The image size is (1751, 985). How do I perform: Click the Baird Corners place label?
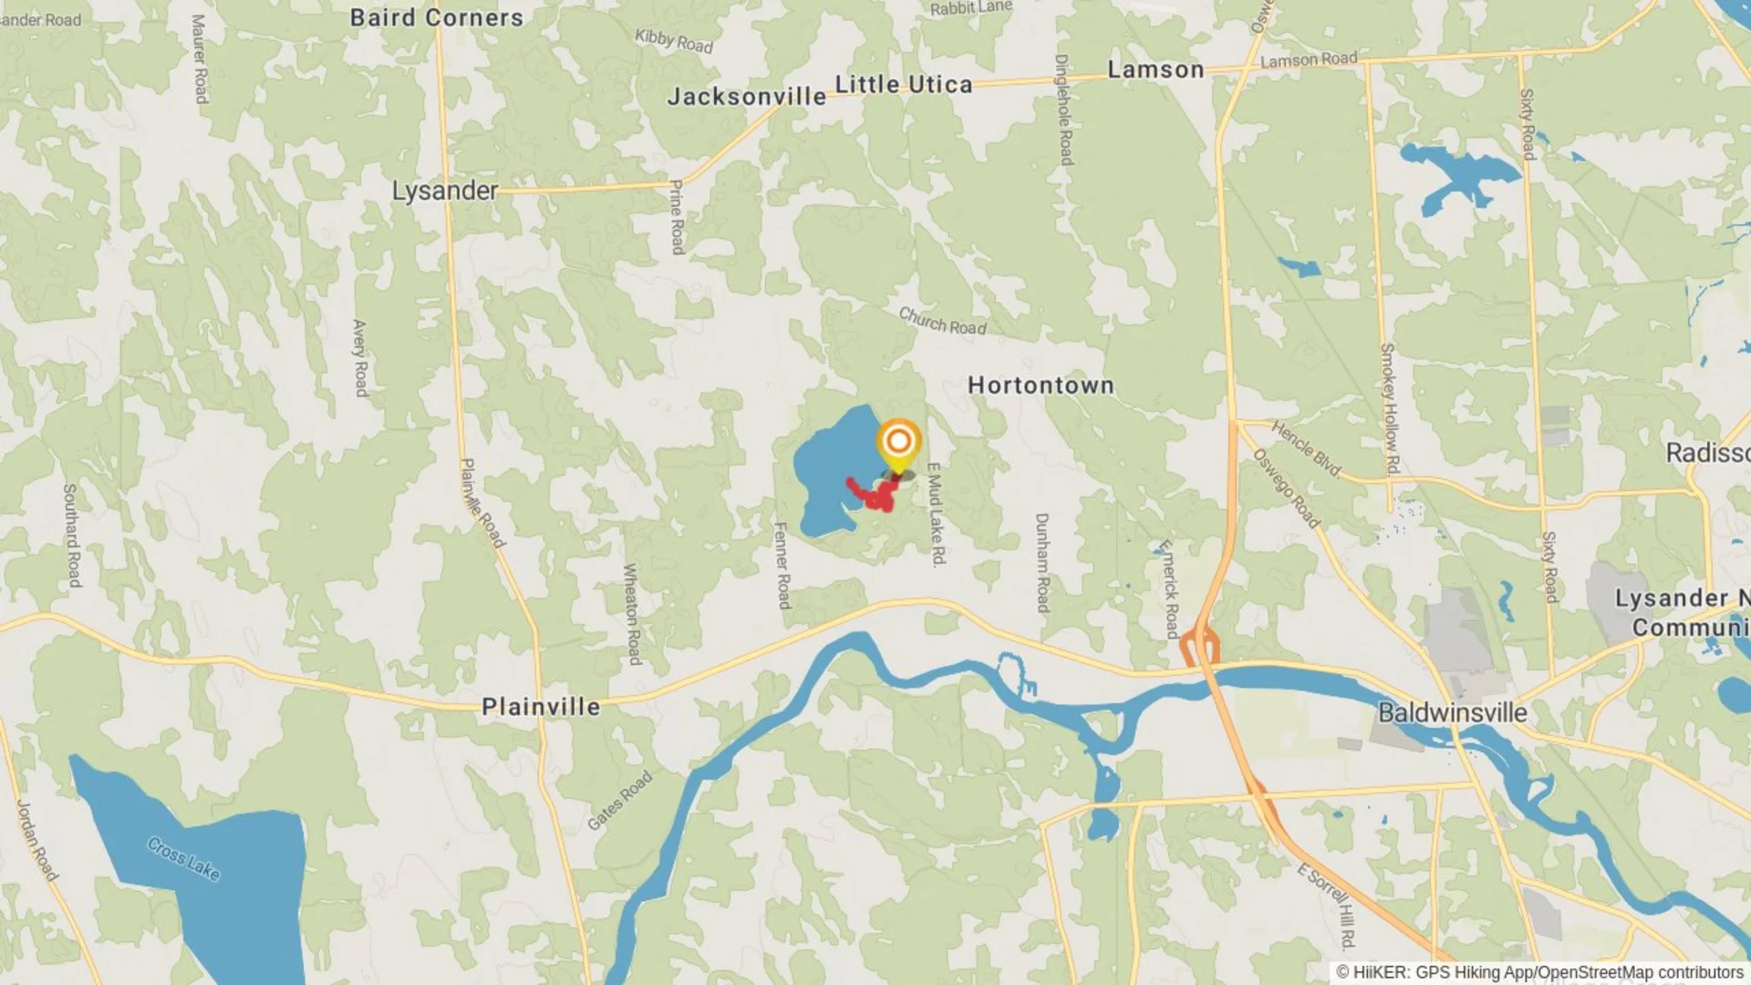(x=437, y=17)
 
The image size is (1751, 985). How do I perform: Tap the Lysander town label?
(x=445, y=191)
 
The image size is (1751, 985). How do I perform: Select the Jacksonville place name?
(x=747, y=97)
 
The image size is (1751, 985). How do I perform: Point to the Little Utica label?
(x=904, y=85)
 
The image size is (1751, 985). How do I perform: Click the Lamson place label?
(x=1155, y=70)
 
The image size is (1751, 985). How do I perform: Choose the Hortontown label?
(x=1041, y=386)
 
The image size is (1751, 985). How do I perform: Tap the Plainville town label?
(x=541, y=707)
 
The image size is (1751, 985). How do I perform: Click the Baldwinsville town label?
(x=1452, y=713)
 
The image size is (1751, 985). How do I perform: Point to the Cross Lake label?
(x=184, y=859)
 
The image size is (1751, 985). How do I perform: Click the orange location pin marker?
(x=898, y=443)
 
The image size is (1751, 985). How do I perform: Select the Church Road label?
(x=942, y=321)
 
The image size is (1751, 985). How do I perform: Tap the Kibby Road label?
(x=674, y=40)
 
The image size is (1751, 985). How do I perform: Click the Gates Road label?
(x=620, y=801)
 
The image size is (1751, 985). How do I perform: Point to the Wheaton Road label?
(x=631, y=614)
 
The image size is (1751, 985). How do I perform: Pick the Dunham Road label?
(x=1042, y=563)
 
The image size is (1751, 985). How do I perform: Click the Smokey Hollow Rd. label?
(x=1389, y=409)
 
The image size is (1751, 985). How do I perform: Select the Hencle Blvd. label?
(x=1306, y=449)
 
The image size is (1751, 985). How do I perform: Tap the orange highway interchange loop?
(x=1200, y=647)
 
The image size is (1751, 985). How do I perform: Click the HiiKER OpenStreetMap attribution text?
(x=1540, y=973)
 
